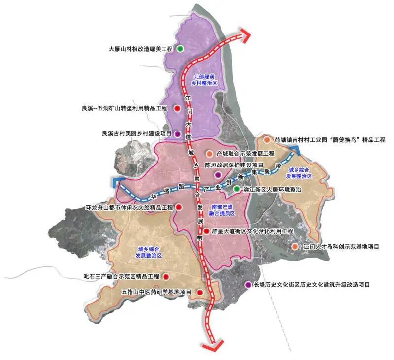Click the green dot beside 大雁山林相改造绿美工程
(x=180, y=49)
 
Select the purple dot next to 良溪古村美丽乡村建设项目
(x=178, y=133)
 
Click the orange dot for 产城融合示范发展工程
(x=209, y=154)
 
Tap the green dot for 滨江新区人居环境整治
(x=237, y=189)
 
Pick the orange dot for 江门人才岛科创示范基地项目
(x=295, y=246)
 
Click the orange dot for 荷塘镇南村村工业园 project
(x=267, y=140)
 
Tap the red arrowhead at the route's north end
(x=245, y=36)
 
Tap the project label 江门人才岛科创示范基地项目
(x=341, y=246)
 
